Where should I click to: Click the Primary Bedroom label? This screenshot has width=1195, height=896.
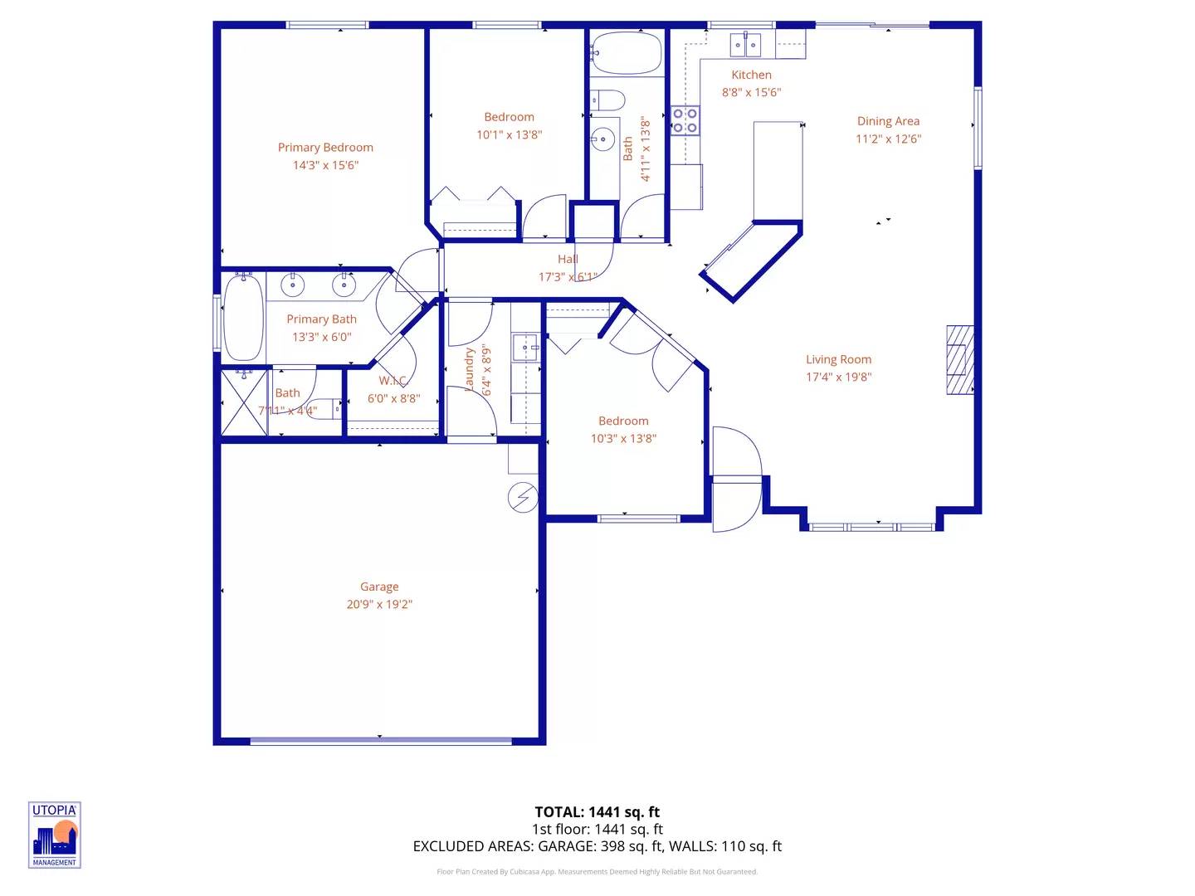(325, 148)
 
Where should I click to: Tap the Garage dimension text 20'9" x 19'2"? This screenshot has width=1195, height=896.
(379, 605)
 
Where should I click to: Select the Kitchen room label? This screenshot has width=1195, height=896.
(751, 75)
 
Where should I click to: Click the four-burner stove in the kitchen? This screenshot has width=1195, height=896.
(685, 120)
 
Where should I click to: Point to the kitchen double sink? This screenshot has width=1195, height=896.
(744, 45)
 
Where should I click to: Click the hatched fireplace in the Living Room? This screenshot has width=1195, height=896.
(960, 359)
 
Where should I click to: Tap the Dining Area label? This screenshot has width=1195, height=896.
(888, 121)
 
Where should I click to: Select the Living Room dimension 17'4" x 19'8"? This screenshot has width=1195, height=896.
(838, 377)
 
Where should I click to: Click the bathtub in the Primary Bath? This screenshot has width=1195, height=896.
(243, 317)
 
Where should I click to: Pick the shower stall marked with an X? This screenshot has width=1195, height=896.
(244, 402)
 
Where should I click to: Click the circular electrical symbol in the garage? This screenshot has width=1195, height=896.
(523, 497)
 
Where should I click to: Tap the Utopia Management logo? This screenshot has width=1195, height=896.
(55, 835)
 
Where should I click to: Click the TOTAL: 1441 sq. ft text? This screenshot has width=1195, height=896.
(597, 812)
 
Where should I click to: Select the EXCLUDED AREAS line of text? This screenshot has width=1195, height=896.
(597, 846)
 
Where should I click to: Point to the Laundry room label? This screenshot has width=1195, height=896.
(470, 368)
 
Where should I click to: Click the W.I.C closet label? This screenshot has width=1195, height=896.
(393, 381)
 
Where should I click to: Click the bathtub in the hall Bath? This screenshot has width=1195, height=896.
(627, 53)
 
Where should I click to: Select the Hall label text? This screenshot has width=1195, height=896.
(568, 260)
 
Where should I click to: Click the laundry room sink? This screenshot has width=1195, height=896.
(525, 346)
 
